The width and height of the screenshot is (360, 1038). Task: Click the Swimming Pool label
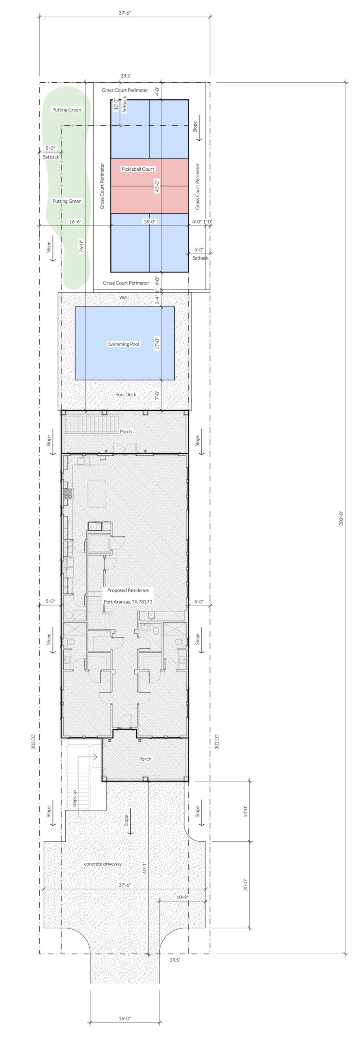(123, 344)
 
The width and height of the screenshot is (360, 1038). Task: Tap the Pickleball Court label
(138, 169)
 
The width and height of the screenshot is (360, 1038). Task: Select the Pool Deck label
(126, 395)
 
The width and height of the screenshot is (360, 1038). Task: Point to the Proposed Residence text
(128, 590)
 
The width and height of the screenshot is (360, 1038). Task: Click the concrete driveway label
(103, 864)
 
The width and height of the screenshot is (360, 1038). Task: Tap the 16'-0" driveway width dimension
(125, 1018)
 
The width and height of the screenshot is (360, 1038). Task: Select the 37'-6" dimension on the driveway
(125, 885)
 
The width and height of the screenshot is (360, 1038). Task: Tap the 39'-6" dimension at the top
(125, 13)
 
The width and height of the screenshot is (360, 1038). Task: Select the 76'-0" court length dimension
(82, 247)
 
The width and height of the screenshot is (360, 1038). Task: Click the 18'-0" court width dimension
(150, 222)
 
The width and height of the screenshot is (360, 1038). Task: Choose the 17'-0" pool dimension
(157, 343)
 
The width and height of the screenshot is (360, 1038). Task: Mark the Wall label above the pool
(124, 298)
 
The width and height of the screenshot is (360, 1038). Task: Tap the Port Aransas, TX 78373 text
(128, 602)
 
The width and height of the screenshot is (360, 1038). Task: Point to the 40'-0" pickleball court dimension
(157, 186)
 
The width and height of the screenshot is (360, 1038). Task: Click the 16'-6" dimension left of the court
(75, 222)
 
